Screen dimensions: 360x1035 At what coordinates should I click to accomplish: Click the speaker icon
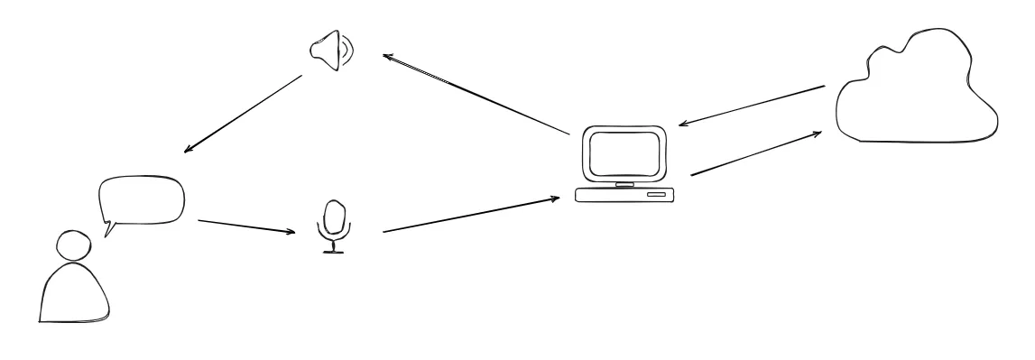point(329,52)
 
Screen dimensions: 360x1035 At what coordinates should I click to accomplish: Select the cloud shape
point(916,90)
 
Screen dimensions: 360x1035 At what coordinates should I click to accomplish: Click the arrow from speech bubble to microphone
point(245,226)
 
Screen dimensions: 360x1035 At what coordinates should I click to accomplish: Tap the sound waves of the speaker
point(348,52)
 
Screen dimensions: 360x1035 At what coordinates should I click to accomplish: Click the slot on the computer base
point(656,194)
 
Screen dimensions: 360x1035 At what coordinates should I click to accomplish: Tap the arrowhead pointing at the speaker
point(386,57)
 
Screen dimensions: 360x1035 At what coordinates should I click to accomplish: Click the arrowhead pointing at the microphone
point(291,233)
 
